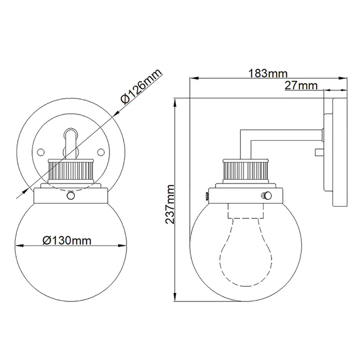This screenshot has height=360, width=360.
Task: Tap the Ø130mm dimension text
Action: pos(67,241)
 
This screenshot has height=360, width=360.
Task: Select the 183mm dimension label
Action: pos(268,73)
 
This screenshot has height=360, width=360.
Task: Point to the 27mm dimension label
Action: pos(301,85)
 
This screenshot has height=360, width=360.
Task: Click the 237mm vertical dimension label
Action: pos(170,204)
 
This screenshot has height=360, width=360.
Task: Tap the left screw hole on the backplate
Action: pos(41,152)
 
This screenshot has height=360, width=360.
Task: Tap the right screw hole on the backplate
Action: pos(101,152)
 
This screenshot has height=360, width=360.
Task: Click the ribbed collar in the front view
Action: pos(71,171)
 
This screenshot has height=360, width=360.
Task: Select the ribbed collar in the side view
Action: pos(245,171)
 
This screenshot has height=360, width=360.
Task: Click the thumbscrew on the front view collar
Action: pos(71,195)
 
